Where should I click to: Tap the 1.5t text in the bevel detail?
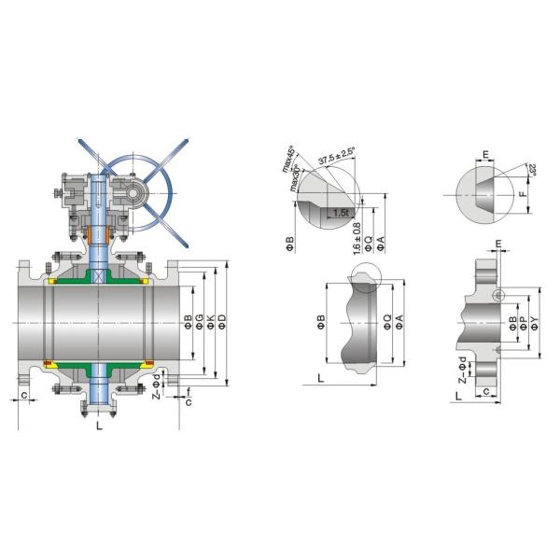pos(342,213)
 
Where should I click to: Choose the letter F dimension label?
pos(522,195)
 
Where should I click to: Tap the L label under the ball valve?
pos(98,427)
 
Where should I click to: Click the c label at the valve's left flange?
pos(23,395)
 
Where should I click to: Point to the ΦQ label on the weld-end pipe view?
pos(387,323)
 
